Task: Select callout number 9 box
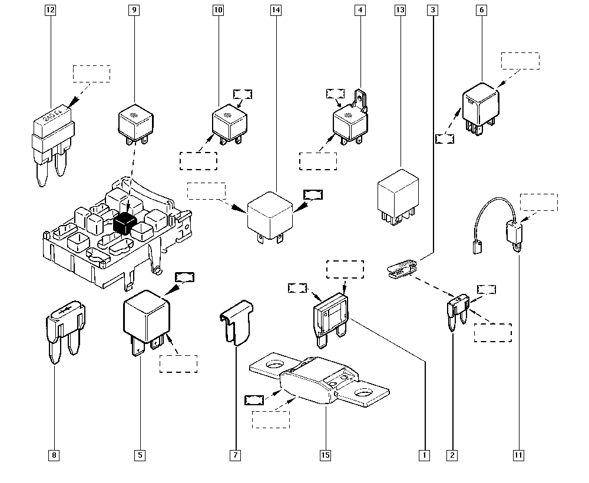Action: point(135,10)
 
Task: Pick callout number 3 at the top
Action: point(434,10)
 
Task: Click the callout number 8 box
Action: point(55,455)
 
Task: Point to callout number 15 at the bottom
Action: point(326,455)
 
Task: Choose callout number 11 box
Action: point(519,455)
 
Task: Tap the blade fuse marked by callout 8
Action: point(64,330)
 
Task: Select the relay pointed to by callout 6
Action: point(481,105)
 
